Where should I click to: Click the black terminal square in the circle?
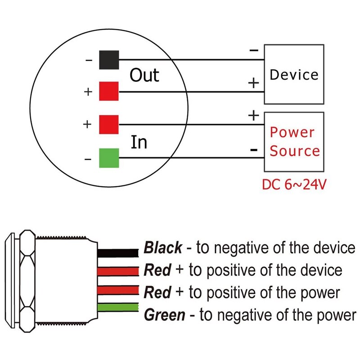point(109,59)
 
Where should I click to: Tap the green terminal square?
point(109,157)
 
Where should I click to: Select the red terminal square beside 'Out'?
point(109,91)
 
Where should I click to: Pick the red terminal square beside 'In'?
point(109,125)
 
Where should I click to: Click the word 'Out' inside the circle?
point(144,75)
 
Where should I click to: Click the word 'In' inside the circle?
point(139,142)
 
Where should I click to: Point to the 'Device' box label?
point(294,75)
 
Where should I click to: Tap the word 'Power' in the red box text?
point(292,132)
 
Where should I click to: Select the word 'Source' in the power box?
point(295,151)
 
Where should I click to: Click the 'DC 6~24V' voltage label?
point(293,185)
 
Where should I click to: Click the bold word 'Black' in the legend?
point(163,247)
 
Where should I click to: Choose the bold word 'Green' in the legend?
point(164,315)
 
